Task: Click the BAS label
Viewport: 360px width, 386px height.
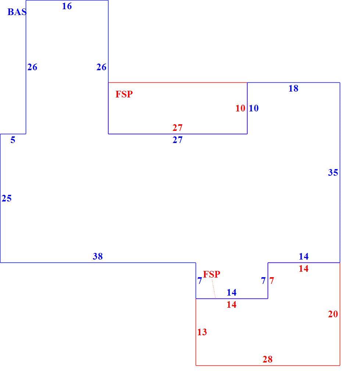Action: [17, 12]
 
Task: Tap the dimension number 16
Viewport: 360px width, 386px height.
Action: [67, 6]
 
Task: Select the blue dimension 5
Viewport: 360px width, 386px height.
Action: [13, 140]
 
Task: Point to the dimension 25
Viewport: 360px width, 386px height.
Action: [7, 198]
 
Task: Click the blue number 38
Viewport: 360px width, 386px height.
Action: [97, 256]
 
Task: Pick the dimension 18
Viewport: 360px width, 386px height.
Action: [293, 88]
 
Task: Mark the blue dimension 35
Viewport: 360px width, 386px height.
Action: [333, 172]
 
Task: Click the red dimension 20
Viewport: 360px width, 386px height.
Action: [333, 314]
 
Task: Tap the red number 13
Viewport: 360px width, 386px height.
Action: [202, 332]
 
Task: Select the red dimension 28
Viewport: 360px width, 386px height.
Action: [268, 359]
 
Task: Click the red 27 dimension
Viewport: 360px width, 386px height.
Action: [178, 128]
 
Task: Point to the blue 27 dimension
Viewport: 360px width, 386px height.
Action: [178, 140]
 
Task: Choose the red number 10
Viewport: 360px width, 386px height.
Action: [240, 108]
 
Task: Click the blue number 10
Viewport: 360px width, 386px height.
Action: [254, 108]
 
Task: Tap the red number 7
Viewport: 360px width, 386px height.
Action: [272, 280]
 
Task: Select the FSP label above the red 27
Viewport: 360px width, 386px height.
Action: [124, 94]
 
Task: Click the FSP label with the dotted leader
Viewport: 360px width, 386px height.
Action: [211, 274]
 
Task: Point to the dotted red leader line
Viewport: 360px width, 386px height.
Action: [214, 289]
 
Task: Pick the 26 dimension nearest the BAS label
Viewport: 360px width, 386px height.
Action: [32, 67]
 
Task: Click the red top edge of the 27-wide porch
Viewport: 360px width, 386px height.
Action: [178, 83]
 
